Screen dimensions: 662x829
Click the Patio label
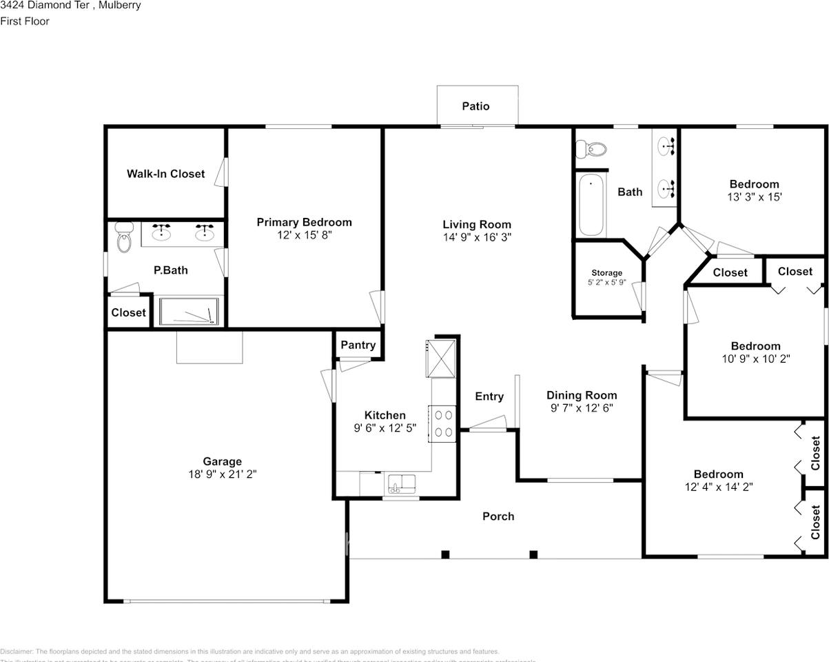pos(475,106)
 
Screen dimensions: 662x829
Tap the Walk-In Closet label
pos(165,174)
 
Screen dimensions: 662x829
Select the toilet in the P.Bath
pos(124,238)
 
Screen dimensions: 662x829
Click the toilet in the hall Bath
pos(591,148)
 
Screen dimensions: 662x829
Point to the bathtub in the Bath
pos(591,205)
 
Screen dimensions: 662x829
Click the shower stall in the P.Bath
pos(189,311)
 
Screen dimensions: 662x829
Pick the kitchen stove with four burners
pos(444,423)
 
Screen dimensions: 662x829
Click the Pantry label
pos(358,345)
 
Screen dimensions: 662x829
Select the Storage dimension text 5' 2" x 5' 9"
pos(606,283)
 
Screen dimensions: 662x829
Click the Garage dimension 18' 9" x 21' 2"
pos(222,474)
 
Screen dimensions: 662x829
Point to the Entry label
pos(489,397)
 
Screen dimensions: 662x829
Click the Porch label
pos(498,516)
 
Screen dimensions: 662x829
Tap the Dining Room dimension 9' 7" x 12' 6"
pos(582,408)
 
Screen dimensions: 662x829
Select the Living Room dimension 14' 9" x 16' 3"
pos(477,237)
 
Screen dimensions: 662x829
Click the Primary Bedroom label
pos(304,222)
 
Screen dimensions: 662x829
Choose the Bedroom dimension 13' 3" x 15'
pos(754,197)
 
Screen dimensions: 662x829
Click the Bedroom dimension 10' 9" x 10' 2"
pos(755,359)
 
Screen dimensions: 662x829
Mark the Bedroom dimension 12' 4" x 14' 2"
pos(718,486)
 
